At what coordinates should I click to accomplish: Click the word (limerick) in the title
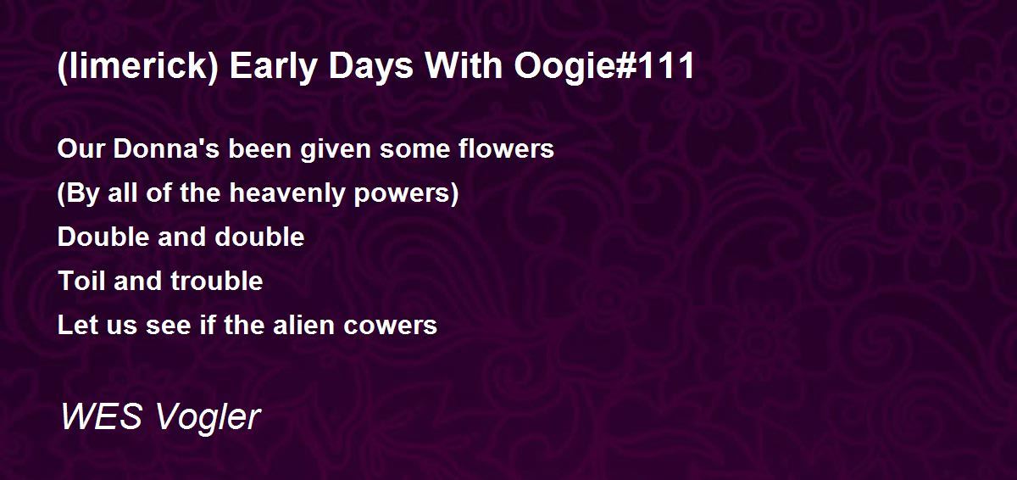click(x=138, y=67)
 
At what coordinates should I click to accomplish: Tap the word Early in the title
click(x=272, y=67)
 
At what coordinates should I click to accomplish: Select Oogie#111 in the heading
click(x=603, y=65)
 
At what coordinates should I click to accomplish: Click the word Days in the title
click(x=370, y=67)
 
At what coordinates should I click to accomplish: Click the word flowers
click(x=506, y=148)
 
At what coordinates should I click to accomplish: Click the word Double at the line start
click(x=103, y=237)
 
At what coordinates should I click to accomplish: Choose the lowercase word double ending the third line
click(x=259, y=237)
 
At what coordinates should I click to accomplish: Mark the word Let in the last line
click(x=77, y=325)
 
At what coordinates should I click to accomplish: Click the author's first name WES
click(x=102, y=416)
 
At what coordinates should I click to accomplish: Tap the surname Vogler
click(x=208, y=418)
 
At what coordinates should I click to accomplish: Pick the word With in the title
click(x=463, y=65)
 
